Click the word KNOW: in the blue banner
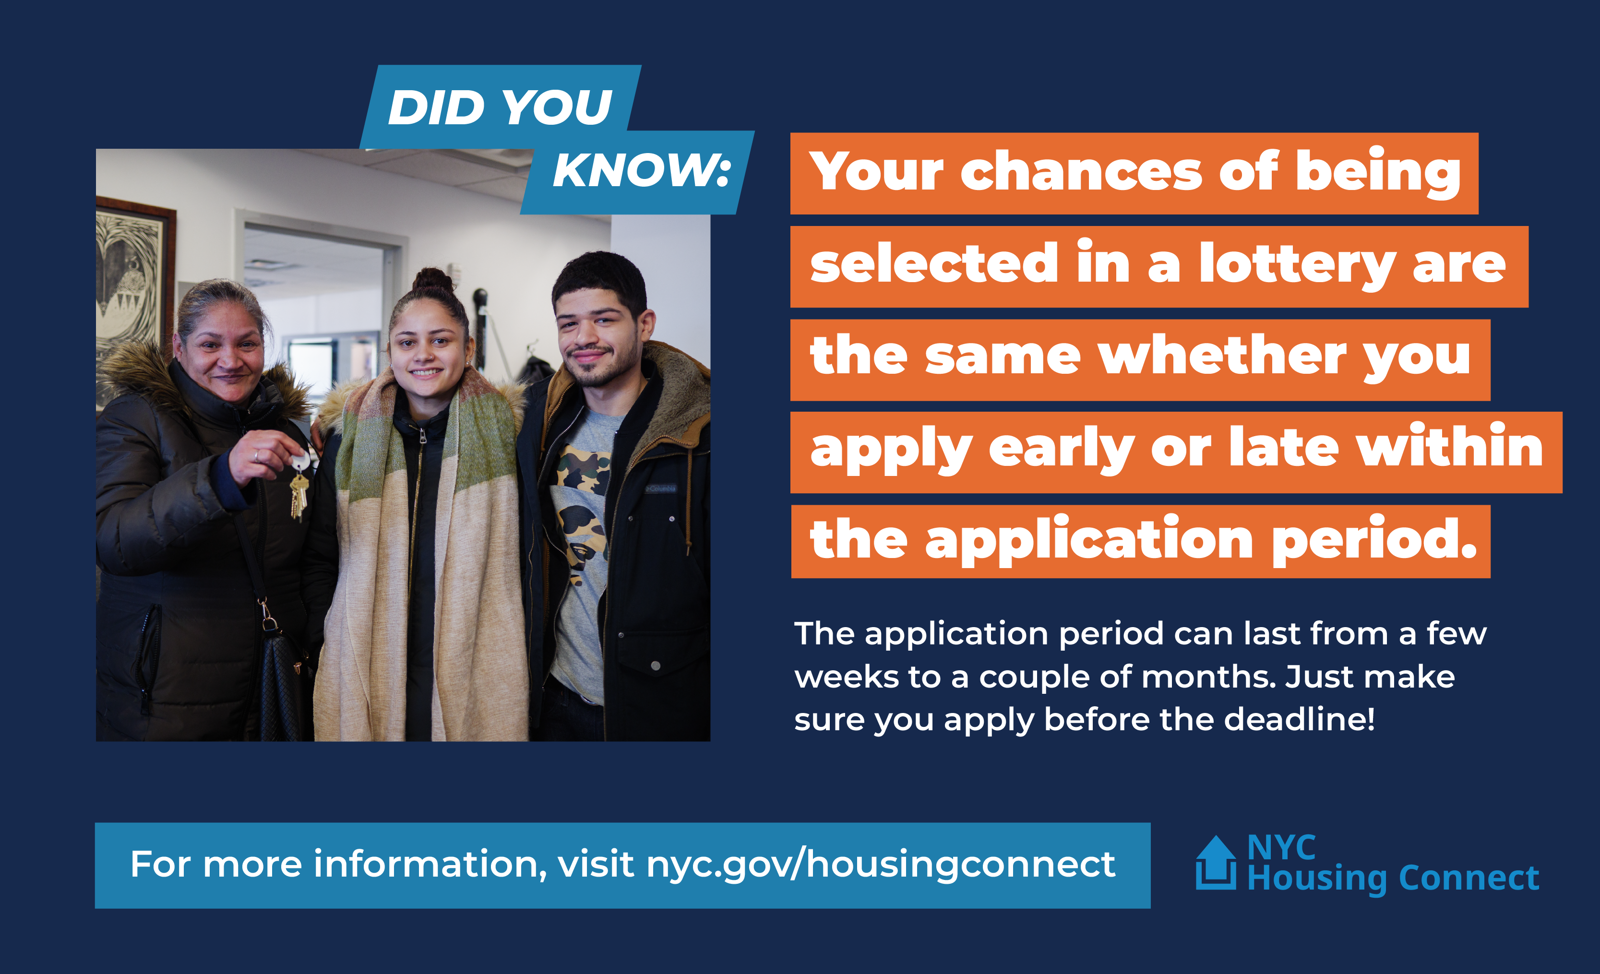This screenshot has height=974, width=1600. [x=642, y=171]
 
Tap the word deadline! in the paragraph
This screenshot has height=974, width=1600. [x=1299, y=719]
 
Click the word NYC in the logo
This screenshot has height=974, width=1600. [x=1281, y=847]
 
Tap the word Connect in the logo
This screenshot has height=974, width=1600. [x=1469, y=878]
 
